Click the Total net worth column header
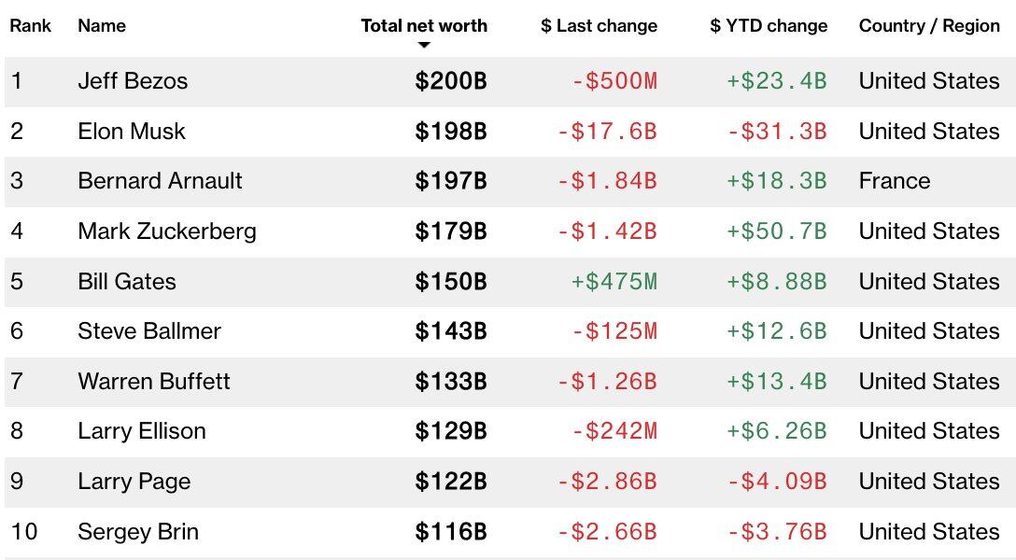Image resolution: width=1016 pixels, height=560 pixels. tap(424, 26)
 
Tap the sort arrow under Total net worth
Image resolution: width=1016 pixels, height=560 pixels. tap(424, 45)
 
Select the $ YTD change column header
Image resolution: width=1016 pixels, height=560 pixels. tap(769, 26)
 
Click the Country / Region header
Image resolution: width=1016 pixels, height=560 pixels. tap(928, 26)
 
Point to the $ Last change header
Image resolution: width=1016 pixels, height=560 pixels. tap(599, 26)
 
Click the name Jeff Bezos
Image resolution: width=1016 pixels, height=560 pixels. tap(133, 81)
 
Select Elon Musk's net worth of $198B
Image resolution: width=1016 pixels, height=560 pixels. tap(451, 132)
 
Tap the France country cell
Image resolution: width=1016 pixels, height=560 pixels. tap(894, 181)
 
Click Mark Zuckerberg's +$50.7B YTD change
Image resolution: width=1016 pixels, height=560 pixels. tap(776, 231)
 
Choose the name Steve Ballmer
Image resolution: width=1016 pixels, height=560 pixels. tap(149, 331)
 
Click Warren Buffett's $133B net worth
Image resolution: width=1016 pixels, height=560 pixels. tap(451, 382)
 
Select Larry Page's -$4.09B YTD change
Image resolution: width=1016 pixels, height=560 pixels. tap(776, 482)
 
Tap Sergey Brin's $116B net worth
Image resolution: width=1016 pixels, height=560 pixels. tap(451, 532)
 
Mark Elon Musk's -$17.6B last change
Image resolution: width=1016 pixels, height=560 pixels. tap(607, 132)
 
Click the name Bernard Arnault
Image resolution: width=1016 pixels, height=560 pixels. tap(160, 181)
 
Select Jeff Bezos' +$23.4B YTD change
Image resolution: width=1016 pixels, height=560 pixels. tap(776, 81)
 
